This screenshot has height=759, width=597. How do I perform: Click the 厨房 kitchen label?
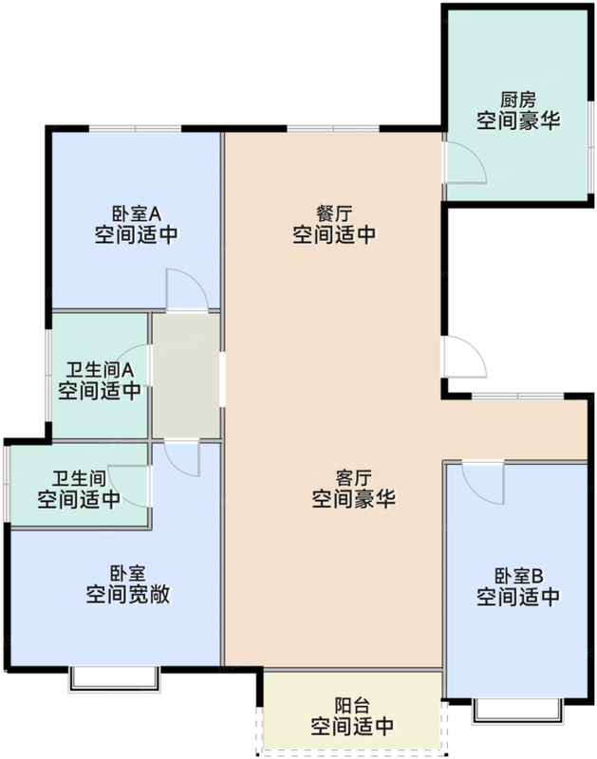click(518, 98)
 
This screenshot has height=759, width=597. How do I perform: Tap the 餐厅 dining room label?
click(333, 212)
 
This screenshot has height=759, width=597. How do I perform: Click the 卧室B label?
click(517, 575)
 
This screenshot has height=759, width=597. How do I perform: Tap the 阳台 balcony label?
click(352, 706)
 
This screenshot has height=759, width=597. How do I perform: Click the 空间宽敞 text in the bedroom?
click(128, 596)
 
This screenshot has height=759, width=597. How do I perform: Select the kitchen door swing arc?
click(467, 161)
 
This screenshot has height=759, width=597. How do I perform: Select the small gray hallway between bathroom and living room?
click(186, 375)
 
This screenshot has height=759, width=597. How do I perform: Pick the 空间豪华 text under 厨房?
click(518, 120)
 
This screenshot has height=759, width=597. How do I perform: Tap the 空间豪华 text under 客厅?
click(353, 499)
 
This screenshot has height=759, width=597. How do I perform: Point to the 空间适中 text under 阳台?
click(352, 728)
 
